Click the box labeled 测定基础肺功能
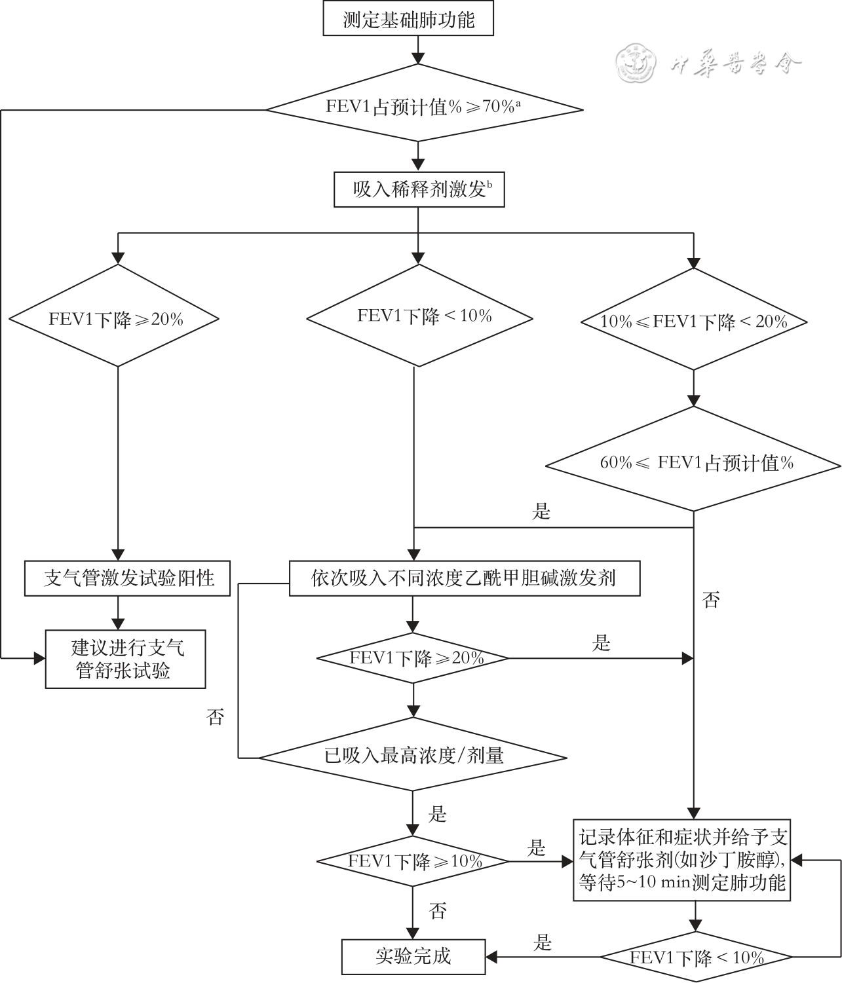click(x=408, y=19)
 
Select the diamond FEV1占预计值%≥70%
click(x=423, y=107)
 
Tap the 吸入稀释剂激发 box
click(x=419, y=190)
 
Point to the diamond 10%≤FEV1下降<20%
click(x=694, y=321)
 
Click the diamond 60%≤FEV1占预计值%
click(x=694, y=463)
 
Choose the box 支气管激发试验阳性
click(x=128, y=578)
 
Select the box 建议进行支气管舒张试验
click(x=125, y=659)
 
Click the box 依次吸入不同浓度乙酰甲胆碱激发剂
click(x=464, y=578)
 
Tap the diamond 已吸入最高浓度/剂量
click(x=413, y=756)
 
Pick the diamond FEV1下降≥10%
click(x=413, y=861)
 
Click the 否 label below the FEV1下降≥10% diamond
click(x=438, y=910)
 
